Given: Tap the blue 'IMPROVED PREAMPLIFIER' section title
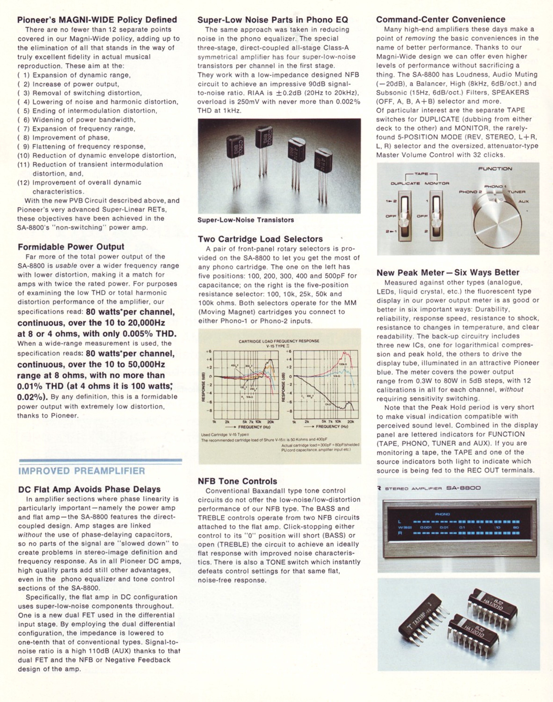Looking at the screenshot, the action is [82, 471].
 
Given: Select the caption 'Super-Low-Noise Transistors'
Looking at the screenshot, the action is [246, 220].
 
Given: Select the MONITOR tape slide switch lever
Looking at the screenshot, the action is [436, 223].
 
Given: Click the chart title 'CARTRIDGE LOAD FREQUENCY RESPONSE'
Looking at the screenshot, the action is [279, 341].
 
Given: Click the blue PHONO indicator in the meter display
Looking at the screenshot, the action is [442, 514].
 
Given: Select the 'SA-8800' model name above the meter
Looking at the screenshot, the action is [463, 488].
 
